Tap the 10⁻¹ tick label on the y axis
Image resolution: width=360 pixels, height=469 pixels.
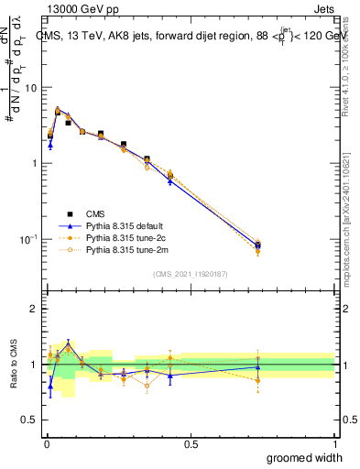27,239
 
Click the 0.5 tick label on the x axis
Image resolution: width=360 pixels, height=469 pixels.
191,444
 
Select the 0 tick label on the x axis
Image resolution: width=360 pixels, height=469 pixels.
46,444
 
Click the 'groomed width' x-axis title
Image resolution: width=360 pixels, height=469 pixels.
304,457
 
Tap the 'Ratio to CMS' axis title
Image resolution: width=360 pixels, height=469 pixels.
12,365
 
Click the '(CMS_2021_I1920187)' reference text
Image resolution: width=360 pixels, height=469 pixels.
191,274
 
